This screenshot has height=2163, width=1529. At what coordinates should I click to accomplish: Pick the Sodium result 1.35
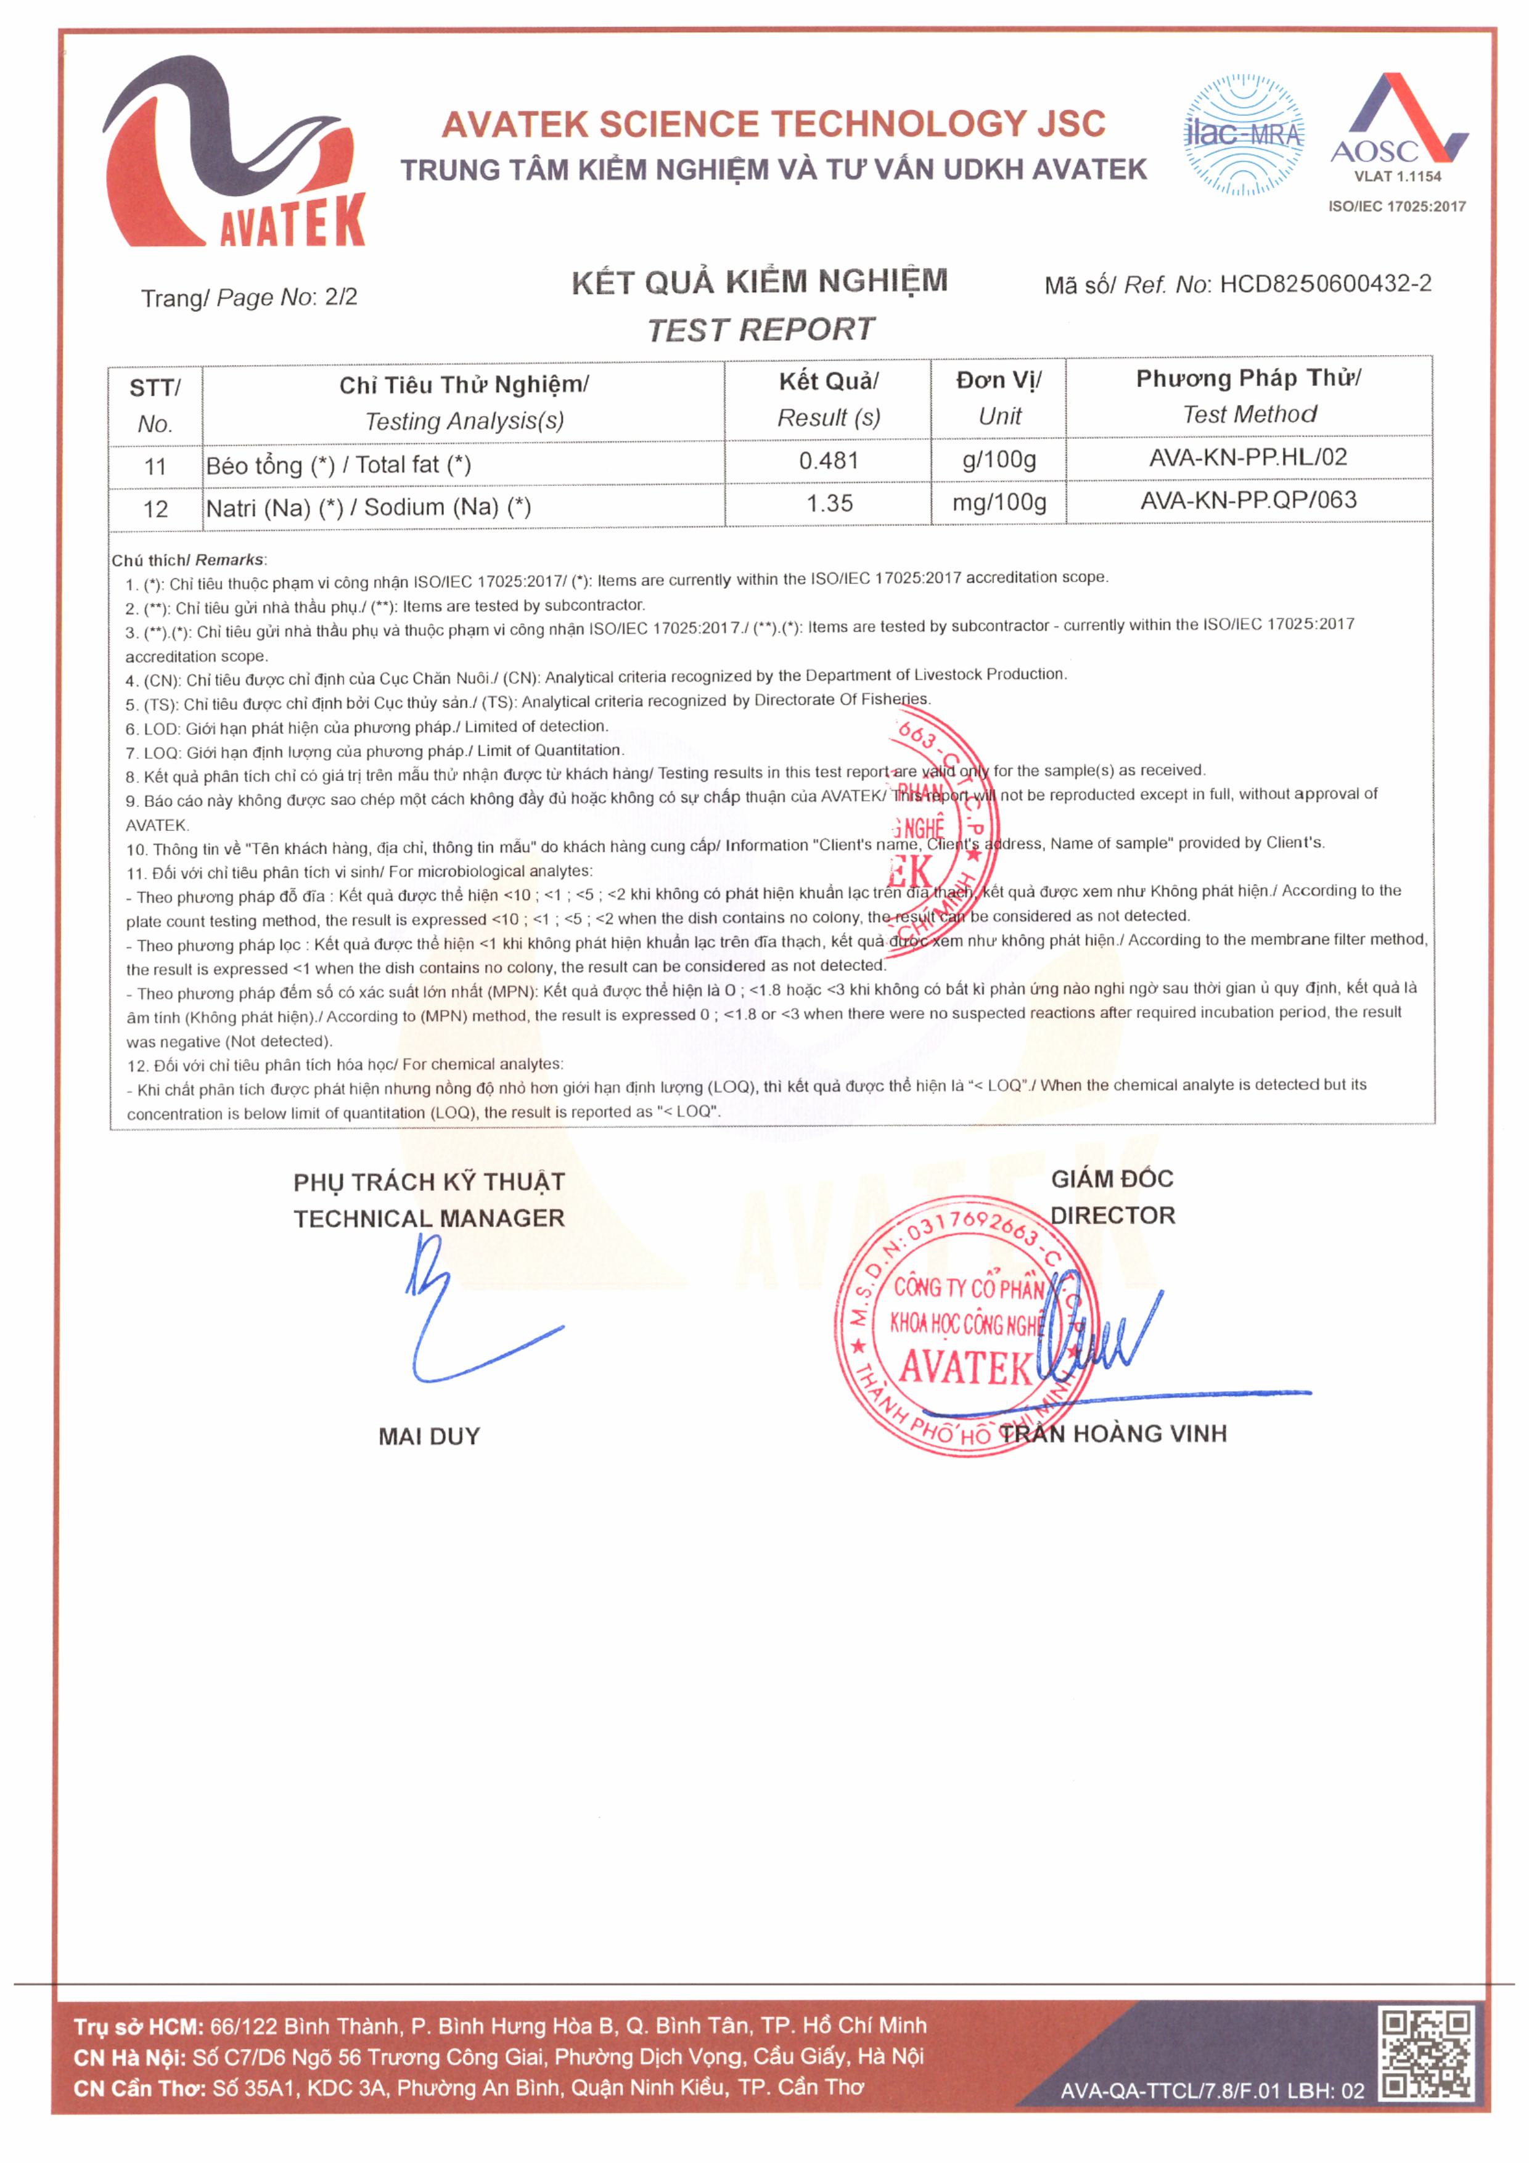[829, 503]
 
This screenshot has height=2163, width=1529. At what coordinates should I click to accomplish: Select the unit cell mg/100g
[999, 502]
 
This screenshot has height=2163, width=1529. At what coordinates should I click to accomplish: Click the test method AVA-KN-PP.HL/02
[1248, 458]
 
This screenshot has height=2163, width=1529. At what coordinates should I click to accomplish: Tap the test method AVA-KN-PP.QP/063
[1248, 501]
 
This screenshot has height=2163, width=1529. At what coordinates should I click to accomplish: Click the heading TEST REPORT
[761, 330]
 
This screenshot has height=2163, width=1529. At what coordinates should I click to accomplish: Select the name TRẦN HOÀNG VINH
[1113, 1433]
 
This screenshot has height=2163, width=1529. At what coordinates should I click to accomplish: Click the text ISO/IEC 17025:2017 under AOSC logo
[1397, 206]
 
